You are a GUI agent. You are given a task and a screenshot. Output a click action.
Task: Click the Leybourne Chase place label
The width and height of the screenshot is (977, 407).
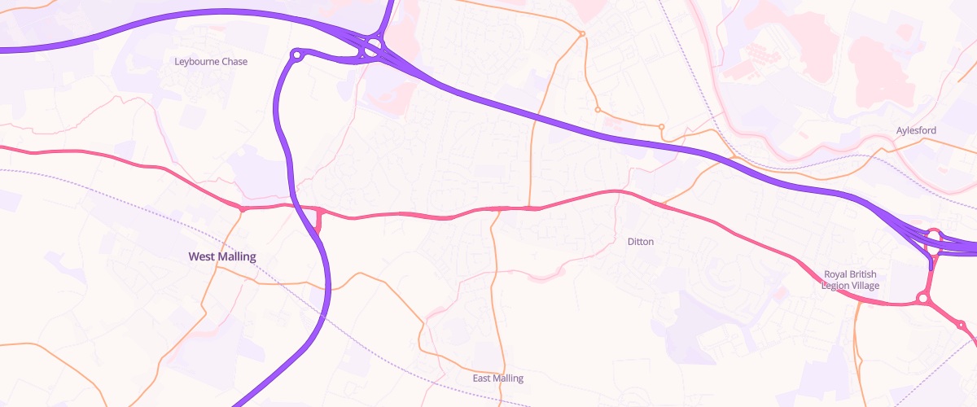click(211, 62)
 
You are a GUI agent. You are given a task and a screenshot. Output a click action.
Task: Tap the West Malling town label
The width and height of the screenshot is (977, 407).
click(221, 256)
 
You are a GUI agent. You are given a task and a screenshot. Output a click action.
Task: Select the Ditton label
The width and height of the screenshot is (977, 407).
click(641, 242)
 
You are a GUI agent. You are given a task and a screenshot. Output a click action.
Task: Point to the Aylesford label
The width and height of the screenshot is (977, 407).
click(916, 130)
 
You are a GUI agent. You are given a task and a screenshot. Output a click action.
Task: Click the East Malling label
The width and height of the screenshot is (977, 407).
click(498, 379)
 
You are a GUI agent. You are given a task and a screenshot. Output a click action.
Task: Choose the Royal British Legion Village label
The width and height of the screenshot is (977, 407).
click(852, 279)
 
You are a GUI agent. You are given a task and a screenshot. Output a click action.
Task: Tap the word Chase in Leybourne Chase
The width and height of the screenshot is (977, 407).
click(234, 62)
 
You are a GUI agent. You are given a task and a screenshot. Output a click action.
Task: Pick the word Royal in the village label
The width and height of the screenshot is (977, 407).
click(838, 274)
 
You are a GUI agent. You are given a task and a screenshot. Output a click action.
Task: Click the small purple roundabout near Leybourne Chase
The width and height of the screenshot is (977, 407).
click(297, 55)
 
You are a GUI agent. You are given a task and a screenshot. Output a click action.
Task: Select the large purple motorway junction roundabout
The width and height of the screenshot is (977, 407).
click(374, 46)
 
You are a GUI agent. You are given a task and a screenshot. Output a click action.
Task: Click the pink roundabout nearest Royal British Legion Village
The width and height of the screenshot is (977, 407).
click(922, 299)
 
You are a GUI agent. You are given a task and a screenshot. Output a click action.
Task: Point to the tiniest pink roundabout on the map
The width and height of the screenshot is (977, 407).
click(961, 326)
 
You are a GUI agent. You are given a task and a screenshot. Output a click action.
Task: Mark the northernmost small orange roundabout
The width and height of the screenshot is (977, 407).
click(582, 33)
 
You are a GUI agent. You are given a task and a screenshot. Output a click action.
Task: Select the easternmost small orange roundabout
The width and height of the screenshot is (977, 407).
click(661, 126)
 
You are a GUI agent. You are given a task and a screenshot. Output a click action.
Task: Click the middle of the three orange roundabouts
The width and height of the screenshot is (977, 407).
click(598, 109)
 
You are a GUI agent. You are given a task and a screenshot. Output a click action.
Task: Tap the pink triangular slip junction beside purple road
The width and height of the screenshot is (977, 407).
click(318, 220)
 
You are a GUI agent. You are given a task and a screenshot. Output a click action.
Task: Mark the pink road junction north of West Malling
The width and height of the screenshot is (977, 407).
click(242, 209)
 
